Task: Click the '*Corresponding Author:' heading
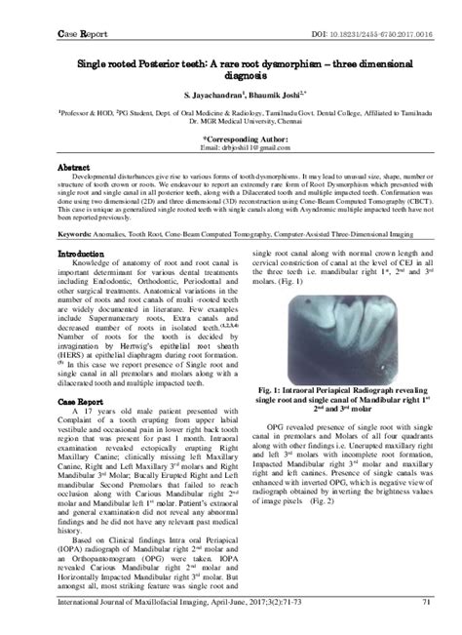[231, 139]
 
